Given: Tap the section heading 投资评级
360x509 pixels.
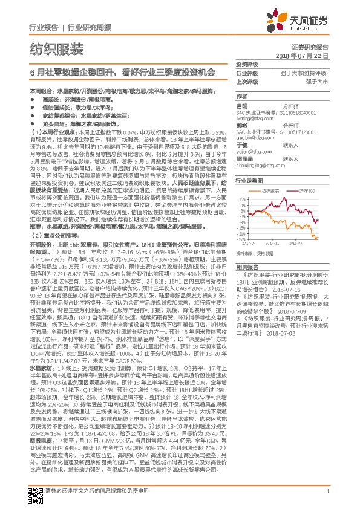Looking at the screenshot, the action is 246,64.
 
